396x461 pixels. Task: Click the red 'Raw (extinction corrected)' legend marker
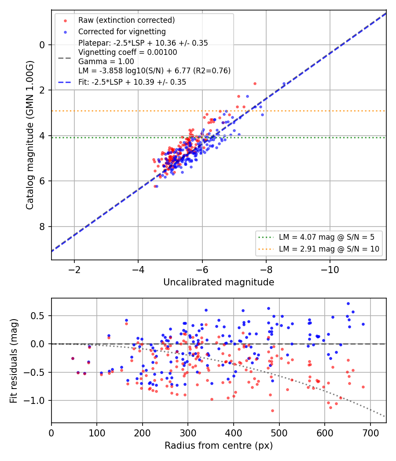pyautogui.click(x=66, y=21)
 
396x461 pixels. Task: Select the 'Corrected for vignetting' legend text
pyautogui.click(x=122, y=32)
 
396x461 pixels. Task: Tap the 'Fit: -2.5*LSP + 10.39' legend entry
pyautogui.click(x=132, y=82)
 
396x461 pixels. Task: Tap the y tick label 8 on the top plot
pyautogui.click(x=42, y=227)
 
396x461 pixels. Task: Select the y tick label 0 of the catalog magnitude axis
pyautogui.click(x=42, y=45)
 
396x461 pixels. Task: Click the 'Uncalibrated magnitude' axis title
pyautogui.click(x=219, y=282)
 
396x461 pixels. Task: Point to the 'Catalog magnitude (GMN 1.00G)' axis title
pyautogui.click(x=30, y=135)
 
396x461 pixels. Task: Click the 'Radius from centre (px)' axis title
pyautogui.click(x=219, y=446)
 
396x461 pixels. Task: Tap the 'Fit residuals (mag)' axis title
pyautogui.click(x=14, y=361)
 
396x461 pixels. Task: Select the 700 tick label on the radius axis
pyautogui.click(x=370, y=433)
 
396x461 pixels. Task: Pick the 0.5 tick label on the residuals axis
pyautogui.click(x=38, y=316)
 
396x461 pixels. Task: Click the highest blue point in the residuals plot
pyautogui.click(x=348, y=304)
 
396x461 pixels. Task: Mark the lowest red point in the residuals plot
pyautogui.click(x=272, y=411)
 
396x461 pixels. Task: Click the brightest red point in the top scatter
pyautogui.click(x=255, y=84)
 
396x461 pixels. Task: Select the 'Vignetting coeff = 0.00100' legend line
pyautogui.click(x=128, y=52)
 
